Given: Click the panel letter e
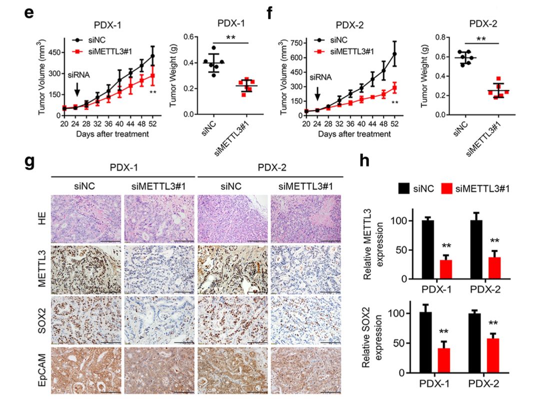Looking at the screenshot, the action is click(x=29, y=13).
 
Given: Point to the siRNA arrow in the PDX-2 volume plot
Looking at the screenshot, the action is click(x=317, y=94).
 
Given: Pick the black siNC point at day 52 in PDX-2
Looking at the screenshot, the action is click(x=394, y=54).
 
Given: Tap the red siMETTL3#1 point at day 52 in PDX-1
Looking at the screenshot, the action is click(x=152, y=76).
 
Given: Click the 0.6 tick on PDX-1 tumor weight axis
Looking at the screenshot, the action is click(x=188, y=37).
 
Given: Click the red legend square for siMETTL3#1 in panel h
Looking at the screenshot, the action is click(x=446, y=189).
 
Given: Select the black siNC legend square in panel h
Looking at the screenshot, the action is click(x=404, y=189).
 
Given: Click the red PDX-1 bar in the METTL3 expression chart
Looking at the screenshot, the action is click(x=446, y=269).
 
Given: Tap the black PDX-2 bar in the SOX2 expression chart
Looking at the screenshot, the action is click(x=474, y=343).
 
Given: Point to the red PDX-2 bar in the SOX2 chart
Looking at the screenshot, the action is click(x=493, y=355).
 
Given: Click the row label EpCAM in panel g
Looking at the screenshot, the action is click(x=42, y=370).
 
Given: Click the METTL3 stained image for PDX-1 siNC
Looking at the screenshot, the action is click(x=86, y=269).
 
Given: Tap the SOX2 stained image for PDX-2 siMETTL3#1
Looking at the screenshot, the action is click(x=306, y=320).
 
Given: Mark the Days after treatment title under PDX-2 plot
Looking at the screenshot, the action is click(x=354, y=134).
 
